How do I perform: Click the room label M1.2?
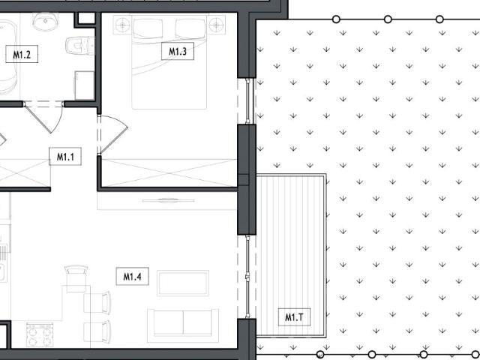[x=22, y=54]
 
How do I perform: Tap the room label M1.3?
[x=177, y=52]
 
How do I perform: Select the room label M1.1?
[x=64, y=157]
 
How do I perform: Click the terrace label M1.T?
[x=293, y=317]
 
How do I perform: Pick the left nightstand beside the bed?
[x=122, y=25]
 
